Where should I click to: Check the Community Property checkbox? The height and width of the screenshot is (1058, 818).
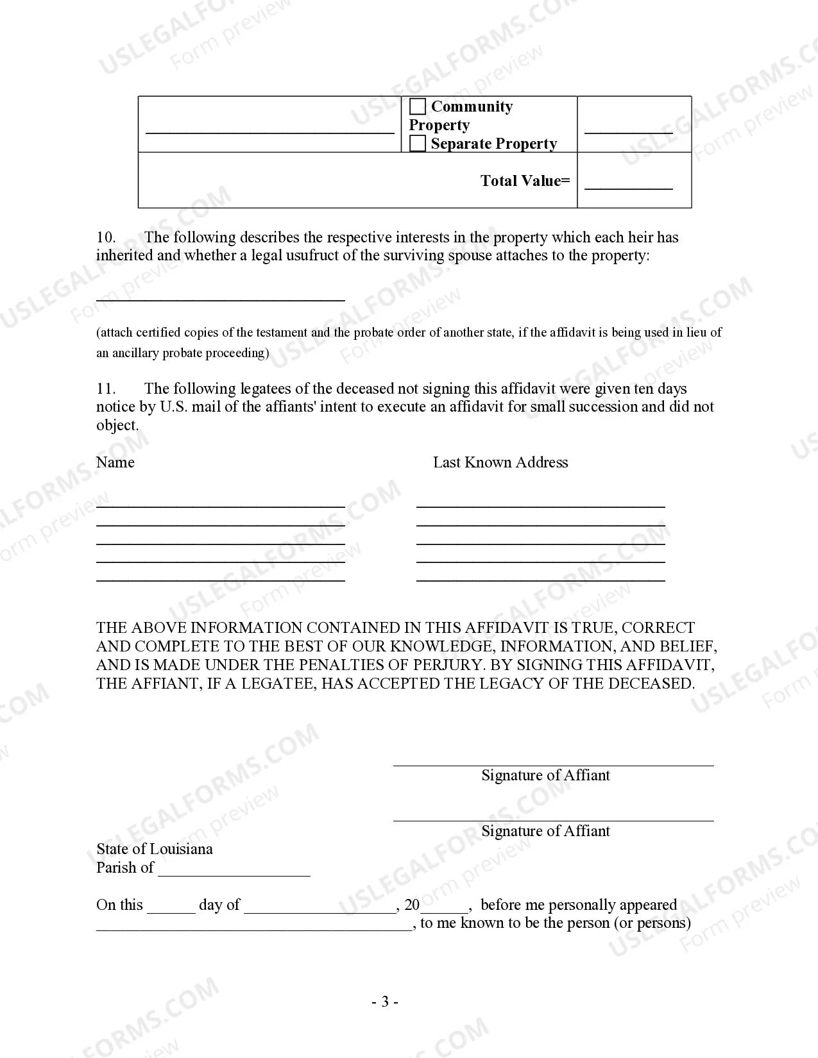click(x=418, y=106)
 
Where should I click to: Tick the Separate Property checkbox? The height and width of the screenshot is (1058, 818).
click(x=418, y=144)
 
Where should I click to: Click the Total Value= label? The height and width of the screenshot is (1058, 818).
click(x=525, y=181)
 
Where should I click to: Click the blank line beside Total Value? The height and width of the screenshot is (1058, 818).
click(x=628, y=187)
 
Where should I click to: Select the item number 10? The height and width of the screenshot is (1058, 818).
click(x=106, y=237)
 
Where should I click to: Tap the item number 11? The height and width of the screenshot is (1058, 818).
click(x=106, y=389)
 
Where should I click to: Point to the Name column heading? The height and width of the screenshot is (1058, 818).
click(x=115, y=462)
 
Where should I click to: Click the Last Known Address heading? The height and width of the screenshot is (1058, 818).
click(x=500, y=462)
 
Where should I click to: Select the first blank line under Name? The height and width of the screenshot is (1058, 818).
click(x=221, y=505)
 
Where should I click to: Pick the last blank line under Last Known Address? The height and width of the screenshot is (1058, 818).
click(x=540, y=579)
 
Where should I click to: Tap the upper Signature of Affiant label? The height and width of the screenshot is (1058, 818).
click(x=545, y=775)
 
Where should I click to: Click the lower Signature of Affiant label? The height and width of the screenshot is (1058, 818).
click(x=545, y=831)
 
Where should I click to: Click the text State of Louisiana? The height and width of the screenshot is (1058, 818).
click(x=155, y=849)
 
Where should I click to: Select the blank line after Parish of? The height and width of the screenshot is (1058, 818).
click(x=234, y=874)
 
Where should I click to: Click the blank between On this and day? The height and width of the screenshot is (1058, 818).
click(x=171, y=911)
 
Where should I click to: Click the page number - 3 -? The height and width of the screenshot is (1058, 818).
click(x=385, y=1002)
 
